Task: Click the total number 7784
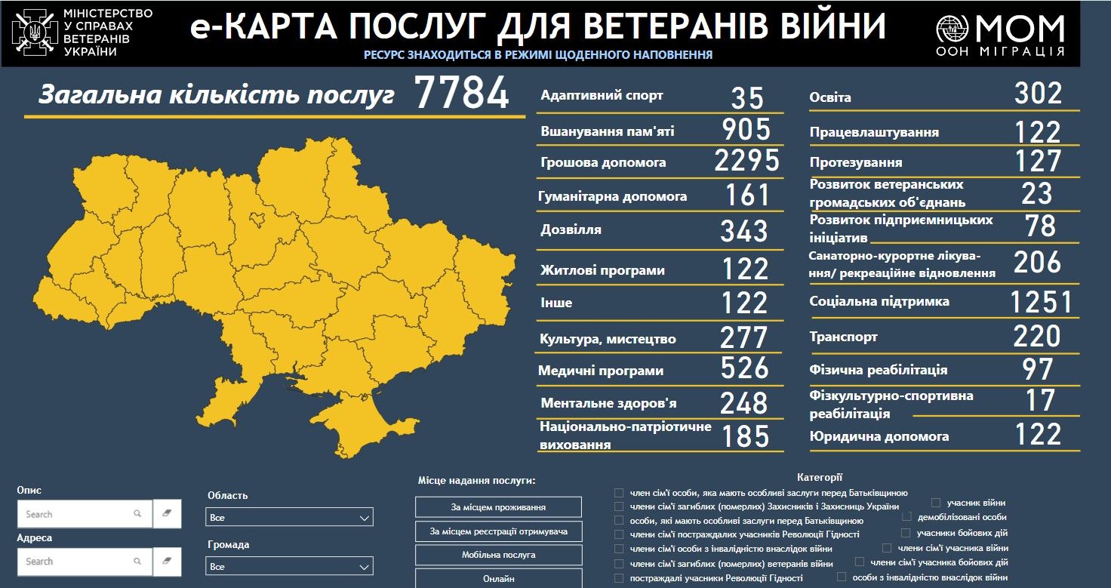pyautogui.click(x=462, y=94)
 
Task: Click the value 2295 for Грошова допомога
pyautogui.click(x=746, y=161)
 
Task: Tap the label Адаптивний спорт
pyautogui.click(x=602, y=96)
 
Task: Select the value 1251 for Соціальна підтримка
pyautogui.click(x=1041, y=302)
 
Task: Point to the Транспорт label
pyautogui.click(x=843, y=337)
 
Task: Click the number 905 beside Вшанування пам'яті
pyautogui.click(x=746, y=129)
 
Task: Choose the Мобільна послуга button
pyautogui.click(x=498, y=555)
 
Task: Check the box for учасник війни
pyautogui.click(x=936, y=502)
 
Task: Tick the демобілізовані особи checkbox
pyautogui.click(x=906, y=517)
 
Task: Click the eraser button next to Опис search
pyautogui.click(x=167, y=513)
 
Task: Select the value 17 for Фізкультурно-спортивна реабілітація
pyautogui.click(x=1039, y=400)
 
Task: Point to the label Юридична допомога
pyautogui.click(x=879, y=436)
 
